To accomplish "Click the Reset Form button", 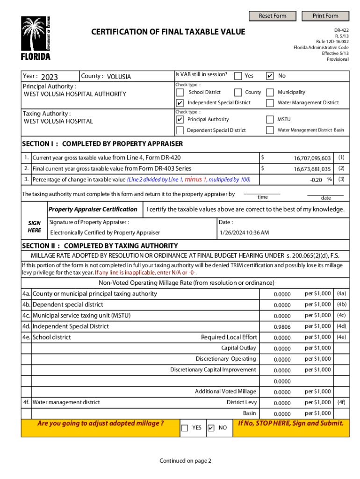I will click(273, 15).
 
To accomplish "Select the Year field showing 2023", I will click(50, 77).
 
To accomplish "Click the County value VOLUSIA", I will click(119, 77).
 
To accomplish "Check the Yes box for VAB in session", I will click(238, 76).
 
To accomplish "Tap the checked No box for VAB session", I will click(270, 76).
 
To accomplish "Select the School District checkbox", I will click(180, 93).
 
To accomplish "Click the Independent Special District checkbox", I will click(180, 103).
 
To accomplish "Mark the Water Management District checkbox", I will click(270, 103).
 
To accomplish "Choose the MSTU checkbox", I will click(270, 120).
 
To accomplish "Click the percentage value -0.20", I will click(316, 180).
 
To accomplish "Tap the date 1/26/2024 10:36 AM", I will click(244, 232).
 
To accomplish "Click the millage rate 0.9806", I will click(282, 327).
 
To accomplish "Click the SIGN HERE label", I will click(34, 227).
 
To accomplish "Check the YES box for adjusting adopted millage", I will click(185, 428).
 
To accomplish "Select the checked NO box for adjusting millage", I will click(211, 428).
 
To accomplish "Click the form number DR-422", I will click(341, 29).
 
